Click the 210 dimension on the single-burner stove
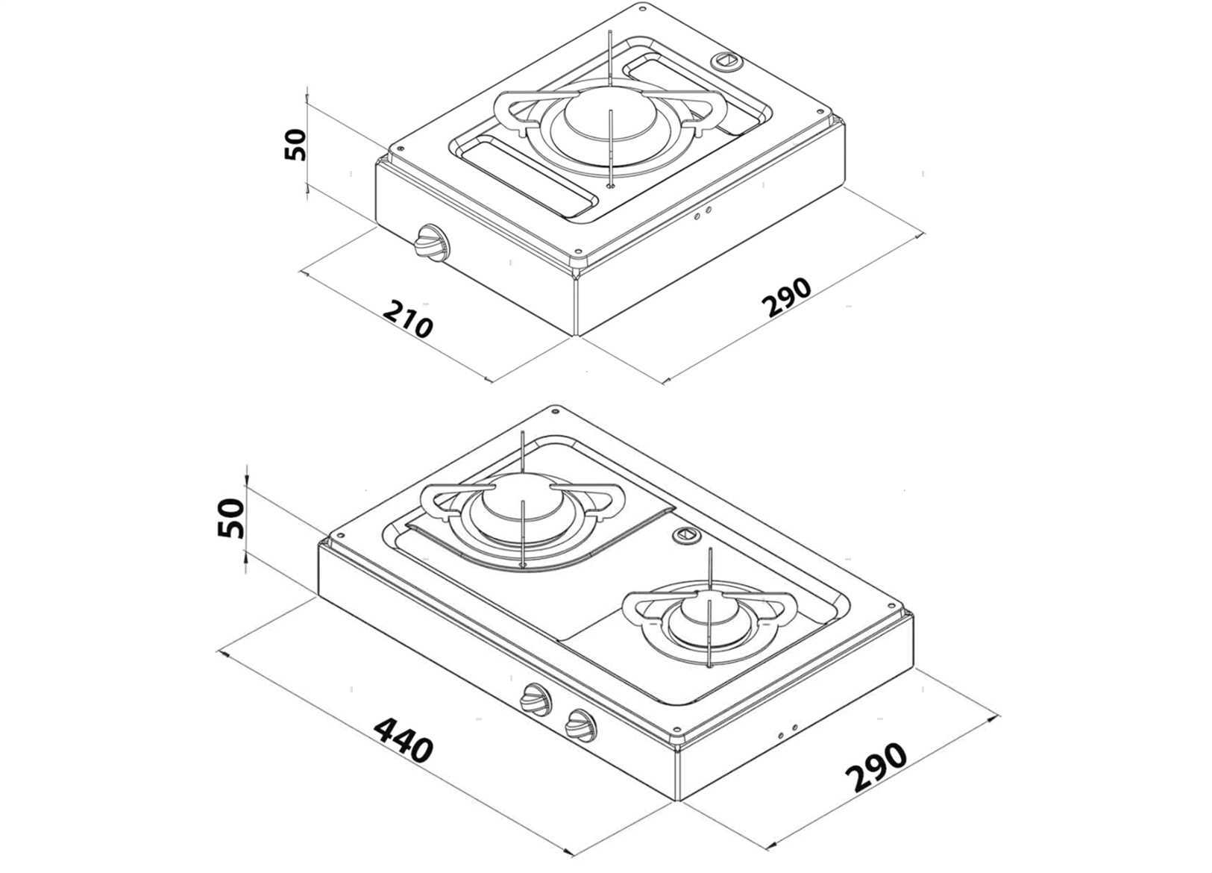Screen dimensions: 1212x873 click(x=408, y=319)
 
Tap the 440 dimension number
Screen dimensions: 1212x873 click(x=404, y=739)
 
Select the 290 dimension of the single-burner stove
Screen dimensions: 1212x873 click(x=789, y=296)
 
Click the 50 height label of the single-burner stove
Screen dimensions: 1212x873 click(x=295, y=145)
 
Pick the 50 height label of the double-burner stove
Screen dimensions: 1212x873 click(x=230, y=518)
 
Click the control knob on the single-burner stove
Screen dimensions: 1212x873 click(x=430, y=242)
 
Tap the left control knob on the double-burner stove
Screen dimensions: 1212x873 click(x=535, y=698)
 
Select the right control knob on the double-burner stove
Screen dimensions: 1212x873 click(x=581, y=725)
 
